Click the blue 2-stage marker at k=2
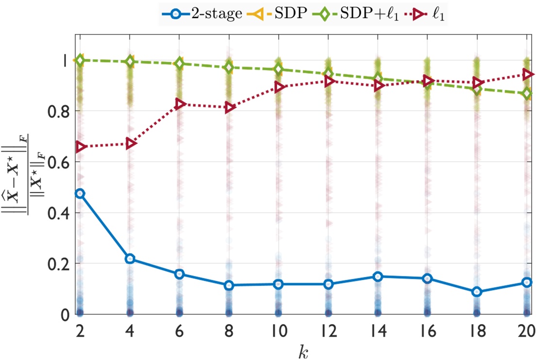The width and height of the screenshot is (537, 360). point(80,193)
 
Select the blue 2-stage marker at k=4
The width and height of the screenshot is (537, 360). point(129,258)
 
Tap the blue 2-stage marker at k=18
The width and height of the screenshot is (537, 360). point(477,291)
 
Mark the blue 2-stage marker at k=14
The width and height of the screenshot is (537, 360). point(378,276)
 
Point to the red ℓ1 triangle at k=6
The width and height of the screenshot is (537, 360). point(179,104)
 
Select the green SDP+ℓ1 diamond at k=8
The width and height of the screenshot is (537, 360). point(229,68)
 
